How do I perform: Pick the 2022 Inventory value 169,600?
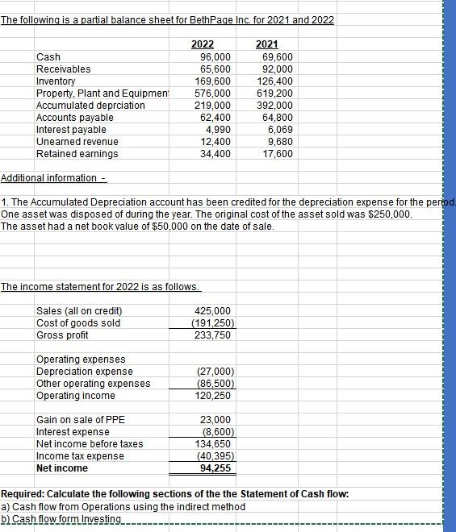coord(213,81)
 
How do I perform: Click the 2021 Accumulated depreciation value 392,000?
coord(276,106)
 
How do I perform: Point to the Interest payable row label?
coord(71,130)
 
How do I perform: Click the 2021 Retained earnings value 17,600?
coord(278,154)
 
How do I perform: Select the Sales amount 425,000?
coord(214,311)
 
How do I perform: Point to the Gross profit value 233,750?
coord(214,335)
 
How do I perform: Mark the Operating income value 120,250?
coord(214,396)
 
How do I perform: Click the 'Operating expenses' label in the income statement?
coord(81,360)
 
